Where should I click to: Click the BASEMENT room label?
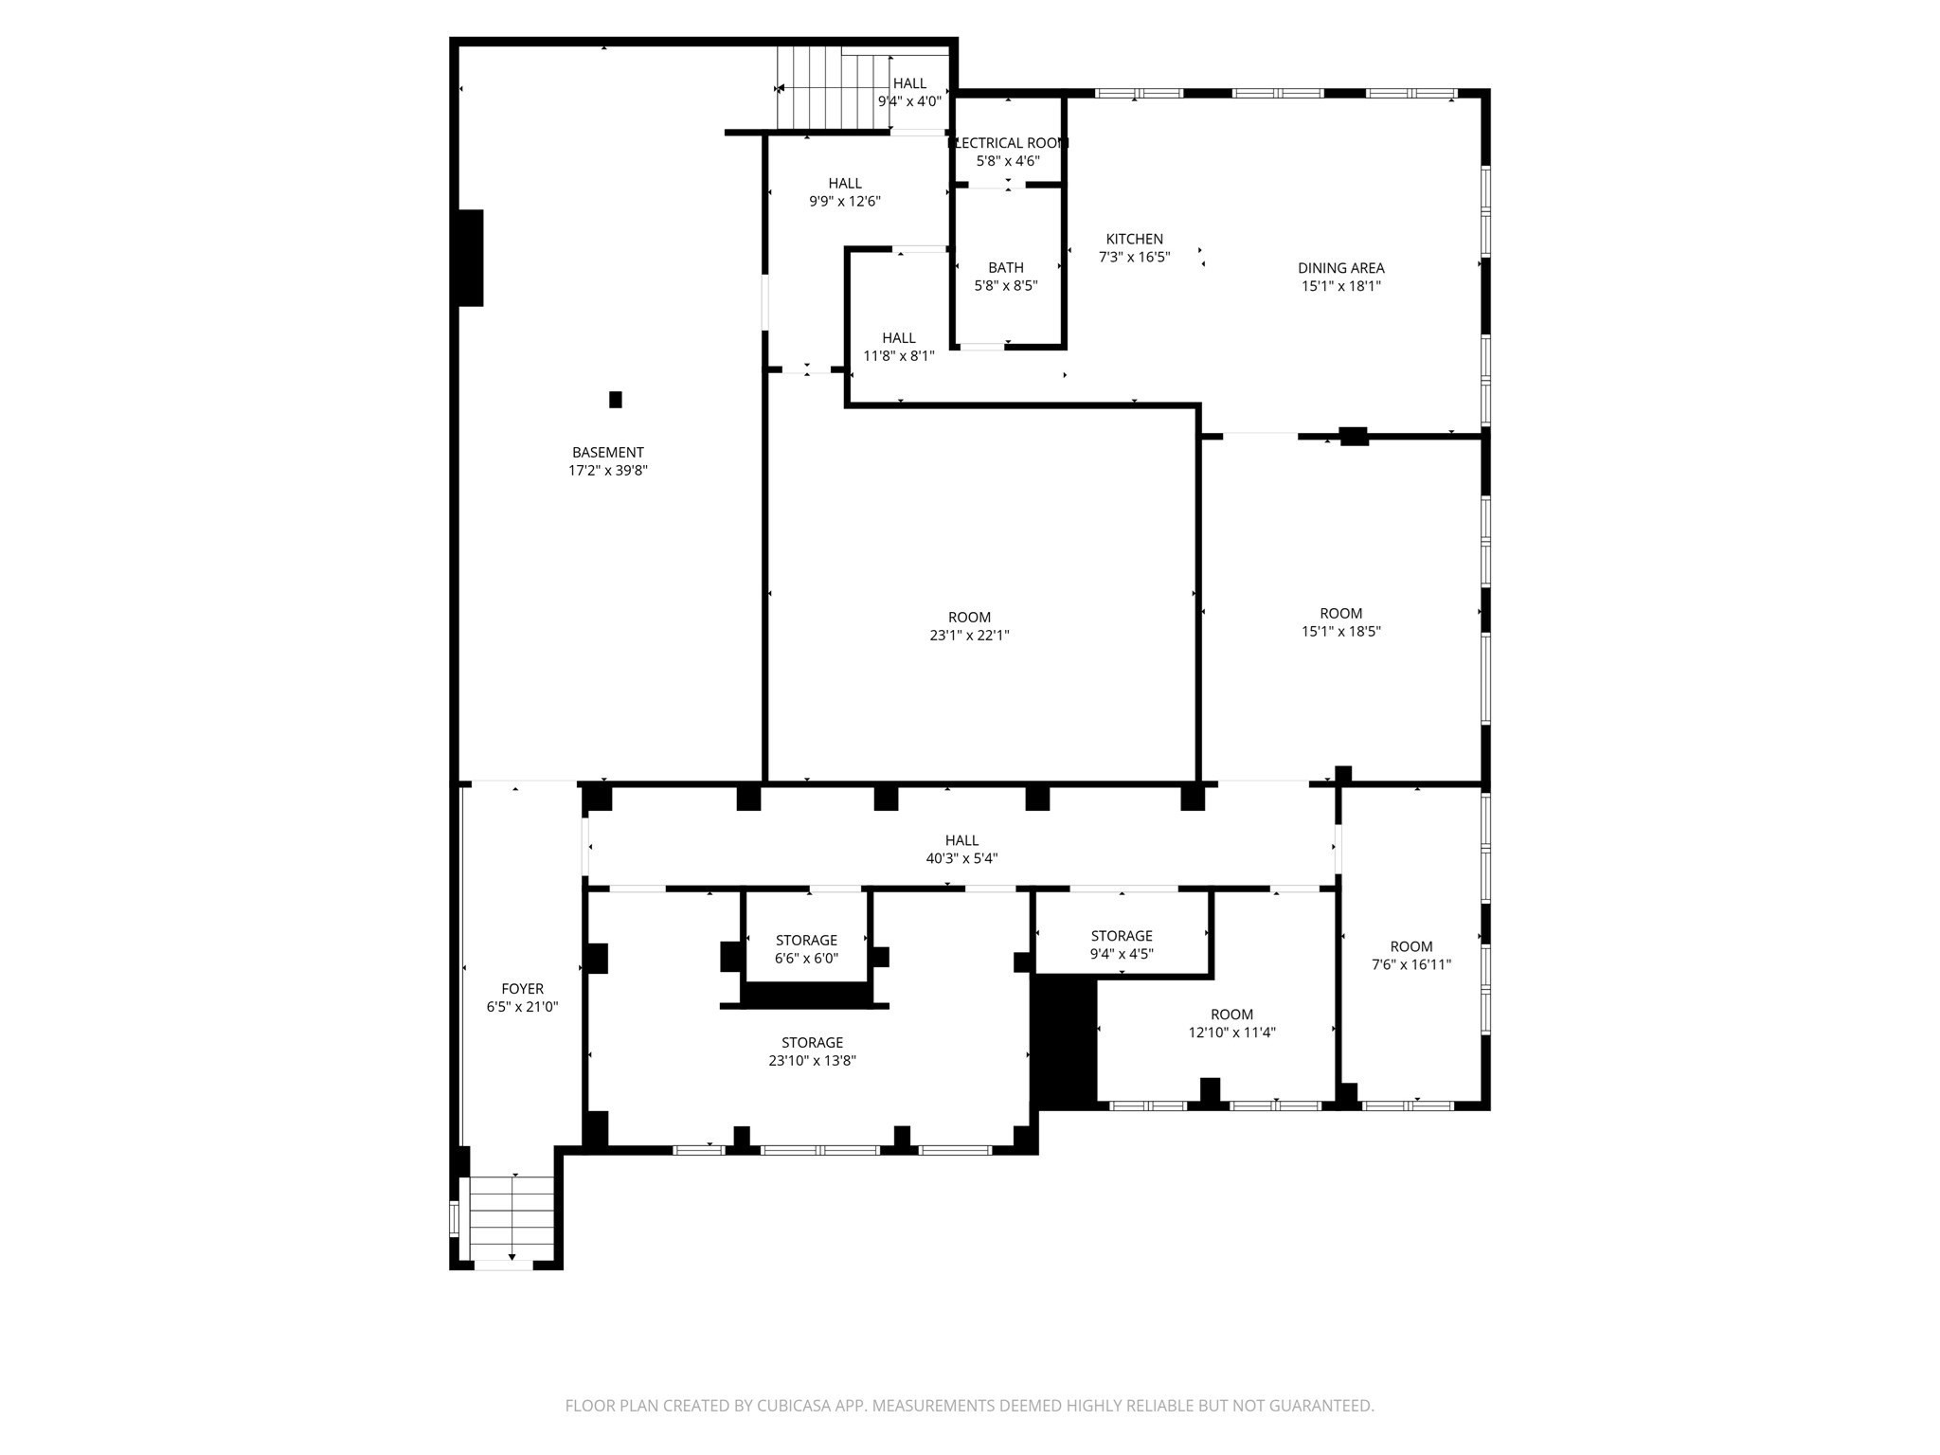coord(607,453)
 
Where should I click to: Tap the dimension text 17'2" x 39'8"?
coord(607,471)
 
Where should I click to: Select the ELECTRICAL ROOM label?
coord(1008,143)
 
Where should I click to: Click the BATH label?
coord(1005,268)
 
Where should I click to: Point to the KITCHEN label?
coord(1134,240)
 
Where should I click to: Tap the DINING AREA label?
coord(1340,269)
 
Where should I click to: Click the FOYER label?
coord(522,989)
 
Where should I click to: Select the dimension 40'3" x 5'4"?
coord(961,859)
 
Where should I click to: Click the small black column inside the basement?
coord(615,400)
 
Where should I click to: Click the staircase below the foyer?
coord(512,1217)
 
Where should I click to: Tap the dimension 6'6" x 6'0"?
coord(806,959)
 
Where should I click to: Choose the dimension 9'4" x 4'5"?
coord(1121,954)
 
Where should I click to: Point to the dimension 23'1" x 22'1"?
coord(969,636)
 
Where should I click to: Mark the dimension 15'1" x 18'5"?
coord(1340,632)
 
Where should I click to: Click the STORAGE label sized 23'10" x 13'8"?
coord(812,1043)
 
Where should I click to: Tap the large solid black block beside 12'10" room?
coord(1064,1042)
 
